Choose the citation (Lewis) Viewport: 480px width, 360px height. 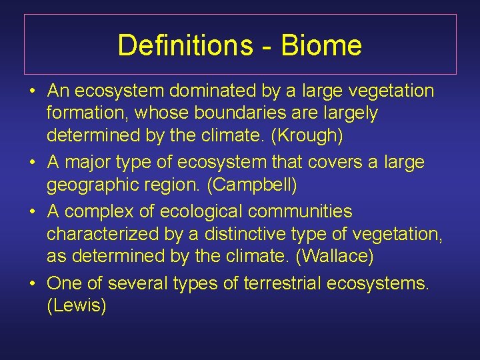76,307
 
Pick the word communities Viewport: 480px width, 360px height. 300,211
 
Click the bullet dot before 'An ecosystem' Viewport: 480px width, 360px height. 33,91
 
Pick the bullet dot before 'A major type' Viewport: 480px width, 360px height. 33,163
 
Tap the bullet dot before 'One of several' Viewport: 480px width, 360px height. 33,283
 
